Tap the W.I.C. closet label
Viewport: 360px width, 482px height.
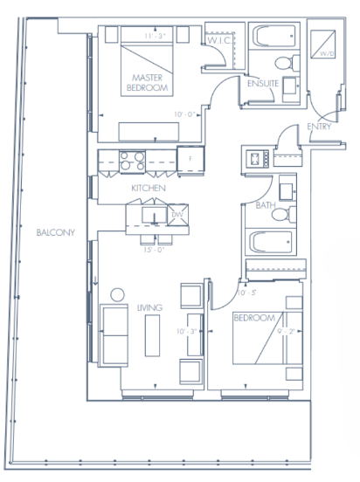pos(218,40)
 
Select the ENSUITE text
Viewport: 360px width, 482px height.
pos(262,84)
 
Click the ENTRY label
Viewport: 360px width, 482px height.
pos(318,127)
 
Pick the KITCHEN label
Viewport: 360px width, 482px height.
pos(148,189)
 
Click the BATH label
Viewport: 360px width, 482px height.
pos(266,206)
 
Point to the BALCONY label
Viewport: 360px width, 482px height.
pos(55,233)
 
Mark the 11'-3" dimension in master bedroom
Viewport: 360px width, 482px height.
pos(154,37)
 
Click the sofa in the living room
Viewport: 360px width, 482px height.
pos(114,335)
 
